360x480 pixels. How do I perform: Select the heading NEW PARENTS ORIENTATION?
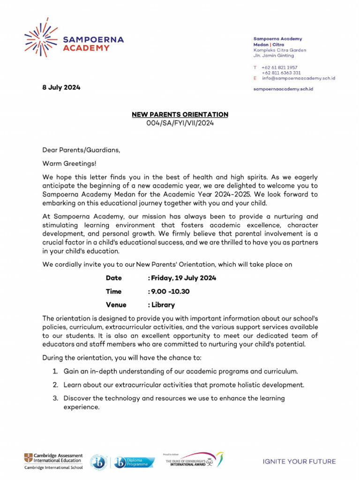click(x=180, y=114)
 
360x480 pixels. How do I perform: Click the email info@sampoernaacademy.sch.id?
click(x=298, y=78)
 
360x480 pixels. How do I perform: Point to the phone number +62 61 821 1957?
click(x=279, y=67)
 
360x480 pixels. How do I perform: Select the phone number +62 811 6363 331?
click(x=281, y=73)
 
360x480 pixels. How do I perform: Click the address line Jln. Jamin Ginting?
click(x=274, y=56)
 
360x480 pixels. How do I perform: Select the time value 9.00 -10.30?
click(x=170, y=292)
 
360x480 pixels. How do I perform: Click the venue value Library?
click(x=163, y=305)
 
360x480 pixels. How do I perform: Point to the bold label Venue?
click(x=116, y=305)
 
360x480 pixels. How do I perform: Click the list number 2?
click(x=55, y=385)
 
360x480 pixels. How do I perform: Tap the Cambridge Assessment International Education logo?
click(x=53, y=461)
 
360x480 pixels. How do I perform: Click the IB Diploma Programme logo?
click(x=122, y=462)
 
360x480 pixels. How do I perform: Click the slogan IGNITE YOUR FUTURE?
click(x=299, y=462)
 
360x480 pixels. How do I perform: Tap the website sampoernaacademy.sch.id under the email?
click(x=283, y=89)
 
